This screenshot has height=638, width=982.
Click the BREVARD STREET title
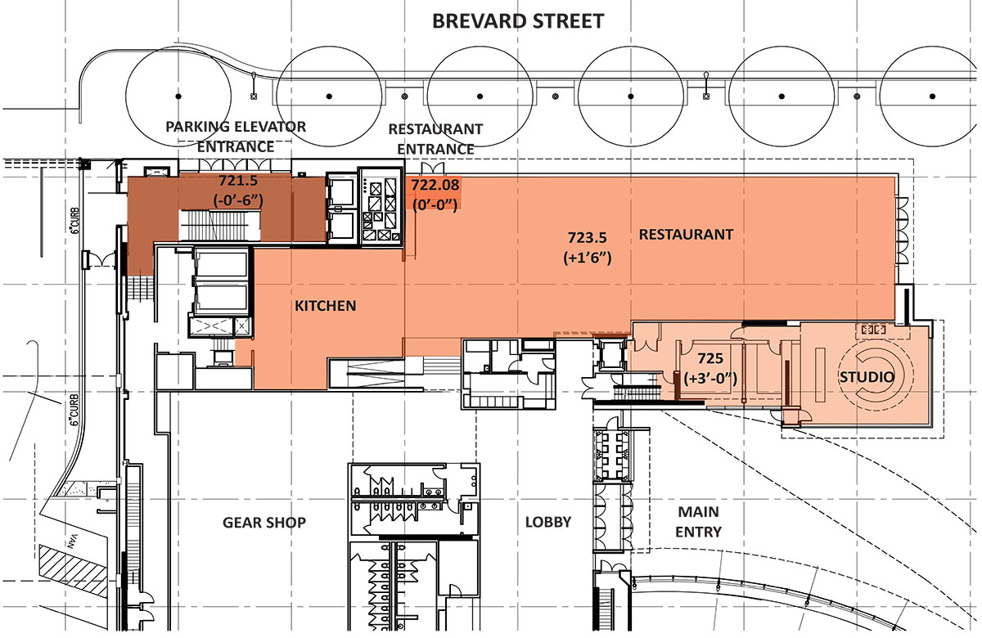[x=518, y=21]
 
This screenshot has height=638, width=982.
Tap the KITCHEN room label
[x=326, y=306]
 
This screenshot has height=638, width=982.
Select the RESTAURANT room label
[x=686, y=235]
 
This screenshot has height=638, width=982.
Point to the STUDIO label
[x=867, y=377]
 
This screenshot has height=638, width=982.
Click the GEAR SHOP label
[x=264, y=523]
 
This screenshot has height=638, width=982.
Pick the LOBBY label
[x=548, y=522]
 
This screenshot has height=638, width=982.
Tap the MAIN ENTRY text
[x=698, y=522]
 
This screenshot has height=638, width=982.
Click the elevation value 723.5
[x=588, y=237]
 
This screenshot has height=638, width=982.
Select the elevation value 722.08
[x=435, y=185]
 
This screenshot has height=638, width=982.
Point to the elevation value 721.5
[x=238, y=180]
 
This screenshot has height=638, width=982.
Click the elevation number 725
[x=710, y=358]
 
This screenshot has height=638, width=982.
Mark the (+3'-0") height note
[x=710, y=378]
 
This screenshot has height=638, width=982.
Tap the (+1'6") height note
[x=588, y=258]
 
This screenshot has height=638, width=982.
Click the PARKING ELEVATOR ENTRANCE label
[x=236, y=137]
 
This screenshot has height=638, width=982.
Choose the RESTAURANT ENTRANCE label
[x=435, y=139]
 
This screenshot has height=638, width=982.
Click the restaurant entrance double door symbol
[x=433, y=168]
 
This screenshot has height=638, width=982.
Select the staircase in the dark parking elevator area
[x=219, y=225]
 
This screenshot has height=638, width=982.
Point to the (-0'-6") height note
[x=238, y=200]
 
